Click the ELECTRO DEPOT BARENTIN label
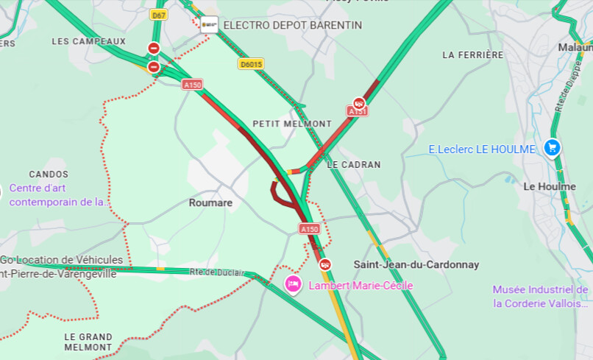292,25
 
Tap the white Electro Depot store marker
210,25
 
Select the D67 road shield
158,15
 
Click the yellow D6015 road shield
251,64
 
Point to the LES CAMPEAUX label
89,41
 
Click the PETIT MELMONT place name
292,123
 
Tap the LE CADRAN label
354,164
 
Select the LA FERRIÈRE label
473,54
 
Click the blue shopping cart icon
552,148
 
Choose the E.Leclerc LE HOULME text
482,149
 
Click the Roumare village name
210,202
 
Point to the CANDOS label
49,174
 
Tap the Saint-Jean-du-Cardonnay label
416,264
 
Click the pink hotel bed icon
293,284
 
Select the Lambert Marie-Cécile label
361,286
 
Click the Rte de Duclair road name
215,272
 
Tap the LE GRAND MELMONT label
88,342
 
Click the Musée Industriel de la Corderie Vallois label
541,296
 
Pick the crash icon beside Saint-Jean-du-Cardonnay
324,264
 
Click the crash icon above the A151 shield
358,103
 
